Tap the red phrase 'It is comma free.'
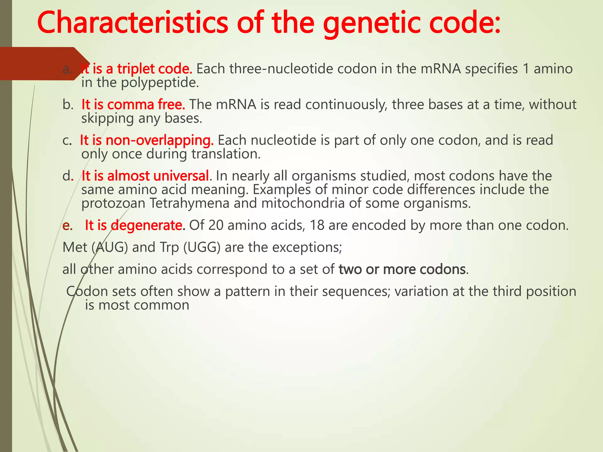tap(133, 104)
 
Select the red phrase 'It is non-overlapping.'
tap(147, 140)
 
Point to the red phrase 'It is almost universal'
tap(145, 176)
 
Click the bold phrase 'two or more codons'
tap(402, 269)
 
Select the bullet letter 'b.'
tap(68, 105)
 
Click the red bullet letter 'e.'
tap(67, 226)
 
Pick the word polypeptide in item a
tap(160, 83)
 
